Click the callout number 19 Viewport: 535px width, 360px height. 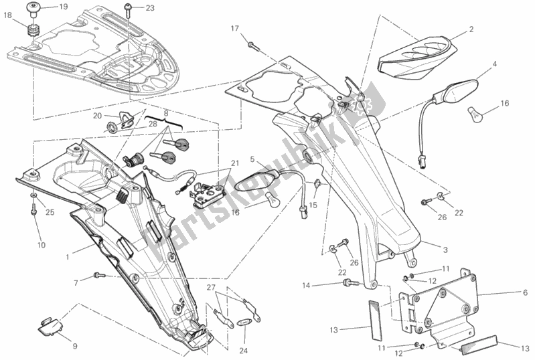[62, 7]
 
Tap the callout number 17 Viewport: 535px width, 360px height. [235, 28]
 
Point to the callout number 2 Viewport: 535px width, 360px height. [471, 29]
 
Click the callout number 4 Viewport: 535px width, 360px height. [495, 64]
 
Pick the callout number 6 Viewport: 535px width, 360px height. [526, 293]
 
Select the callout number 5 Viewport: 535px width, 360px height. [253, 159]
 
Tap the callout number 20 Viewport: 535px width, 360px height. [98, 116]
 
